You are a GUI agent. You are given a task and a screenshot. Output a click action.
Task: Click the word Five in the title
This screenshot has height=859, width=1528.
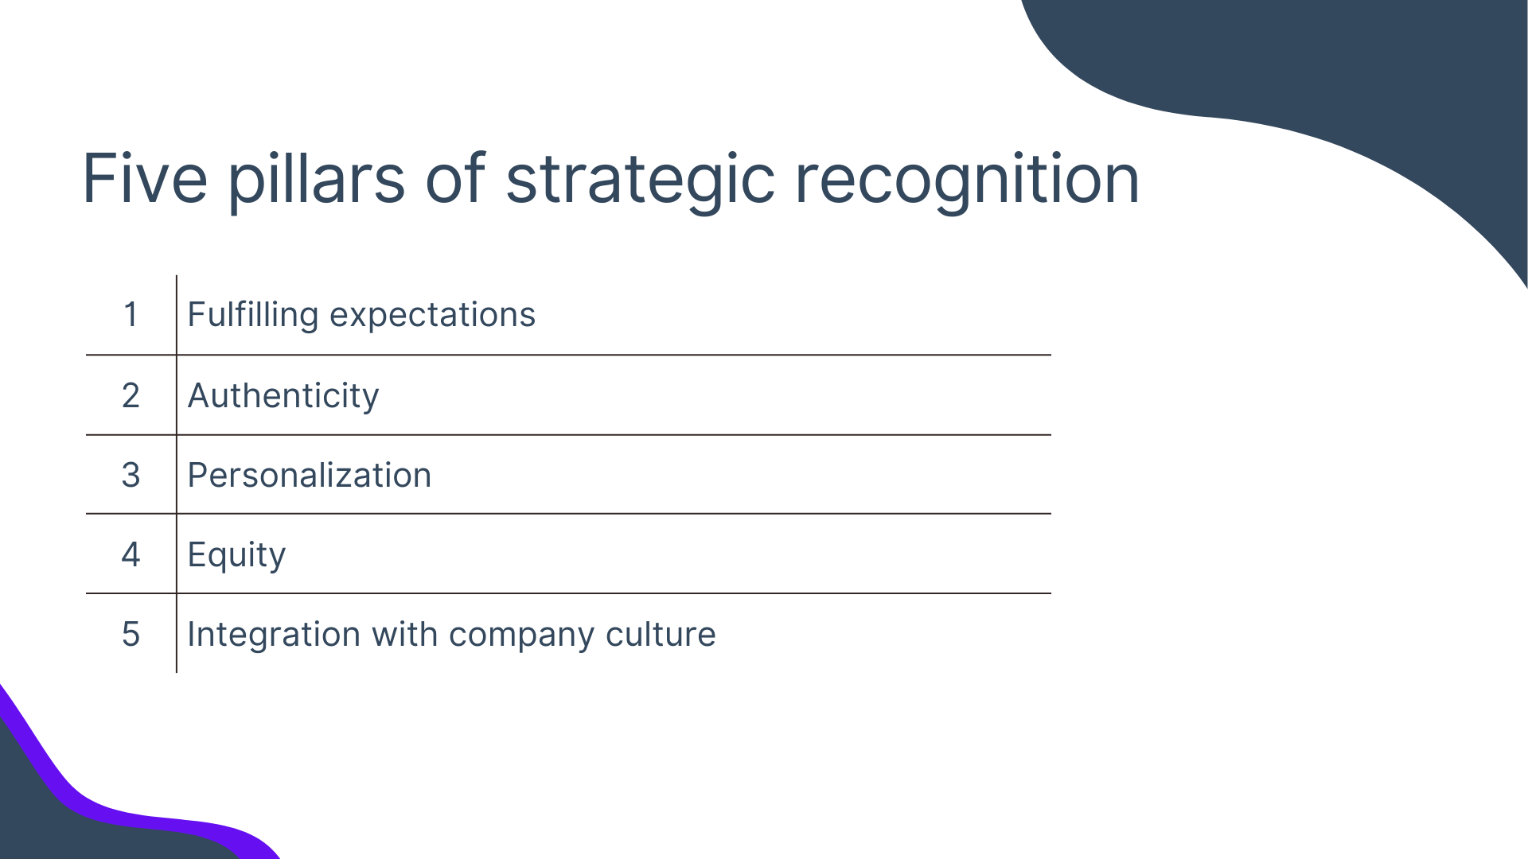tap(145, 178)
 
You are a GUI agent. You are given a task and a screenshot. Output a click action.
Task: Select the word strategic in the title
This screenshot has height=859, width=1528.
tap(641, 181)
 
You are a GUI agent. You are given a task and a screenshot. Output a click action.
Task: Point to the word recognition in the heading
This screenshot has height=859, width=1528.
tap(967, 181)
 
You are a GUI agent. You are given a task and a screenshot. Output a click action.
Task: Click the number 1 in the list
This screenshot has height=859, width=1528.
tap(131, 314)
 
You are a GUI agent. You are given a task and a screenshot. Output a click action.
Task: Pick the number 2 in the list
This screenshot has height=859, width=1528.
tap(131, 395)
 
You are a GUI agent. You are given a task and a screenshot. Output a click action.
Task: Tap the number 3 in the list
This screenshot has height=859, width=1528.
tap(131, 475)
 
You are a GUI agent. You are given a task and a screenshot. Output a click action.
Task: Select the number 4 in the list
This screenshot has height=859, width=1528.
tap(131, 554)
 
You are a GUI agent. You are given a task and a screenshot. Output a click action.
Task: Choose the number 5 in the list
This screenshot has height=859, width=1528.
tap(131, 634)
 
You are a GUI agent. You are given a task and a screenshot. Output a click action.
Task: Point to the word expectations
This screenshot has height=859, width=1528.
tap(432, 316)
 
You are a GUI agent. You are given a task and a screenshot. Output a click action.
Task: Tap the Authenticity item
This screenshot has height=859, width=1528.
tap(283, 396)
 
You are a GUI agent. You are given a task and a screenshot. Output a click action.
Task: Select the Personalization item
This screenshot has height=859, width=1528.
tap(310, 475)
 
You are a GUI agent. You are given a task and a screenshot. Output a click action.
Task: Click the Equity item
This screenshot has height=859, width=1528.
tap(236, 555)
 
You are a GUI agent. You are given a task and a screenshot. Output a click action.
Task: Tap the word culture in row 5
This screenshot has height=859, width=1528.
tap(661, 634)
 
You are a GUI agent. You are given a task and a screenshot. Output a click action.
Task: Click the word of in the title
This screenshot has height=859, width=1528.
tap(455, 178)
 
